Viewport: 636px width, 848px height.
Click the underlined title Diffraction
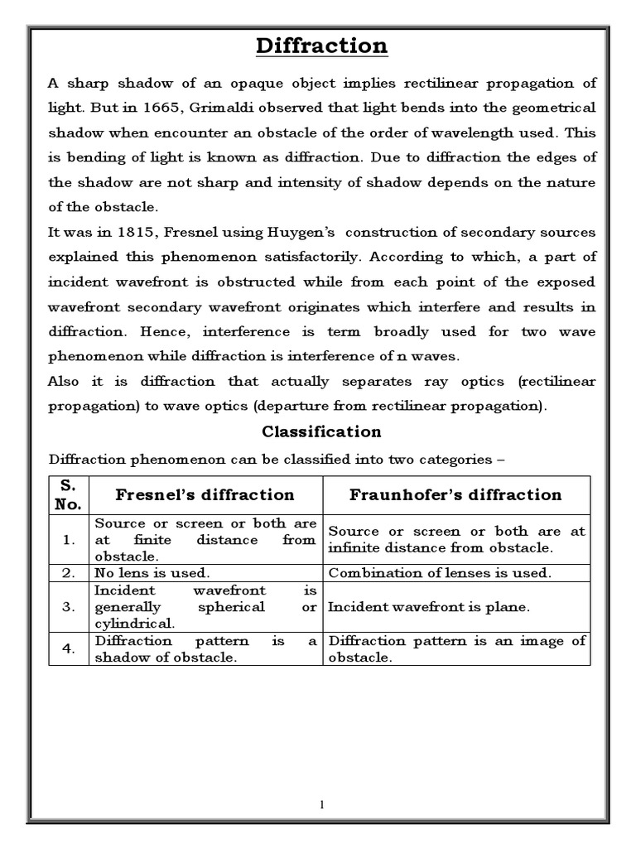[321, 46]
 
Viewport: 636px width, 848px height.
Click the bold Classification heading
[321, 431]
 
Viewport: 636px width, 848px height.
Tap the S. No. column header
[69, 495]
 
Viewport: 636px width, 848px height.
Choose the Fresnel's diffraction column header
[205, 495]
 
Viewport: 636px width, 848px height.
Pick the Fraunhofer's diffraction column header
[455, 495]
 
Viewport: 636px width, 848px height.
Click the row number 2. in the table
[69, 573]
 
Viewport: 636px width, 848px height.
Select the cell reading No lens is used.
[152, 573]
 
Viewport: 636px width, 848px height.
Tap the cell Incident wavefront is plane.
[428, 607]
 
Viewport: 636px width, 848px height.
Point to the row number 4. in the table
[69, 649]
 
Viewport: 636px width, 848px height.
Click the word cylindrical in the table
[134, 623]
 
